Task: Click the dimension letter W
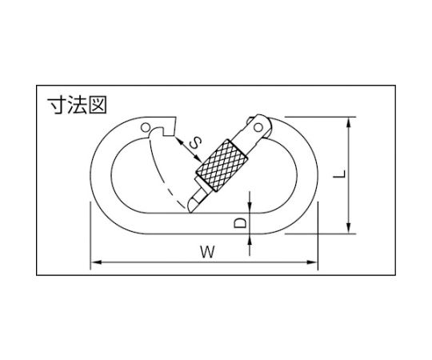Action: point(207,252)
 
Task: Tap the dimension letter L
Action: point(339,174)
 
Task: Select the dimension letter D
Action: point(240,222)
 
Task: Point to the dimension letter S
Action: point(195,143)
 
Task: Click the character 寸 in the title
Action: point(57,105)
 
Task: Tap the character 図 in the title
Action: point(98,105)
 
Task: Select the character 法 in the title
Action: point(77,105)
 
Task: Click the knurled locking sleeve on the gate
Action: point(222,166)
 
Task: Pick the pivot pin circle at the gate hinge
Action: point(258,127)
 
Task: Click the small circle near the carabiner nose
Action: point(145,127)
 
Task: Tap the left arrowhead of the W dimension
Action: point(95,262)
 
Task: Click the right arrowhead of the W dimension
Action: point(313,262)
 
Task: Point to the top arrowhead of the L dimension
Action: point(349,122)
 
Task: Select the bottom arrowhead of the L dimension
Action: point(349,228)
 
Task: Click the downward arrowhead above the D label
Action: point(250,208)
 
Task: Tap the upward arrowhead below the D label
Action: point(250,239)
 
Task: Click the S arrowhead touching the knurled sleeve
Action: point(198,158)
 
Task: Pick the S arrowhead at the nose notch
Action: point(179,141)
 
